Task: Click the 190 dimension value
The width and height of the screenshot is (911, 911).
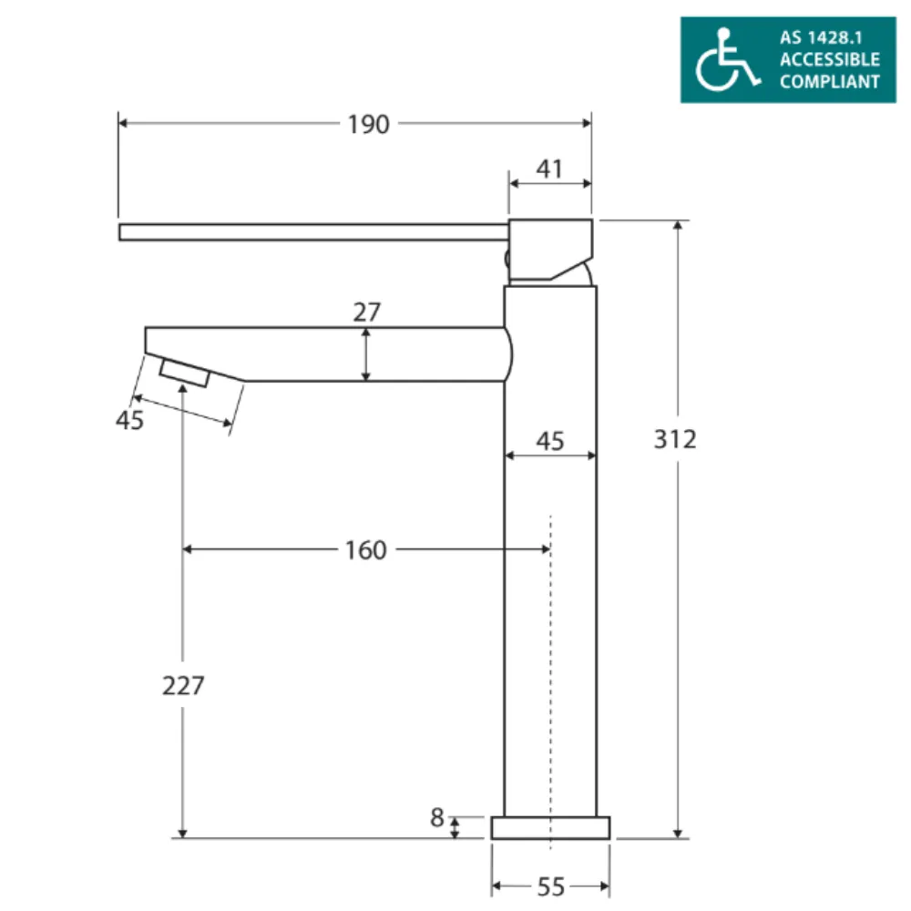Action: tap(368, 125)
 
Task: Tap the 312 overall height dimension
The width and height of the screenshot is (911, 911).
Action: tap(675, 438)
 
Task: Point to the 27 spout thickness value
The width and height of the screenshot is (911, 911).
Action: tap(367, 312)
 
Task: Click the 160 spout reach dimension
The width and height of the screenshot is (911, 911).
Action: tap(365, 550)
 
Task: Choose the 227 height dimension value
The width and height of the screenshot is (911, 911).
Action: tap(183, 685)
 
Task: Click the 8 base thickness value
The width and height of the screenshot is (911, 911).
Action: tap(438, 818)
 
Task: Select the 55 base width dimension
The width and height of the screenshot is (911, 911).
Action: tap(550, 886)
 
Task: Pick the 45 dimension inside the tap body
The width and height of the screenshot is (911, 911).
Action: tap(549, 441)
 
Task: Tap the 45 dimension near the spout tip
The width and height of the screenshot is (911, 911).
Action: tap(130, 421)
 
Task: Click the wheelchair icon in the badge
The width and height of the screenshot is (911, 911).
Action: tap(726, 59)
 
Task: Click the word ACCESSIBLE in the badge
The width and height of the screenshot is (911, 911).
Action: tap(829, 60)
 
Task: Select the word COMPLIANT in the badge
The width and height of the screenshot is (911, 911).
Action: tap(829, 81)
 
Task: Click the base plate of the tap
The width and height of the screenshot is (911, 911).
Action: tap(550, 827)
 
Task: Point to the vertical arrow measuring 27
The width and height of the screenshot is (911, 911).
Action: tap(366, 354)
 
